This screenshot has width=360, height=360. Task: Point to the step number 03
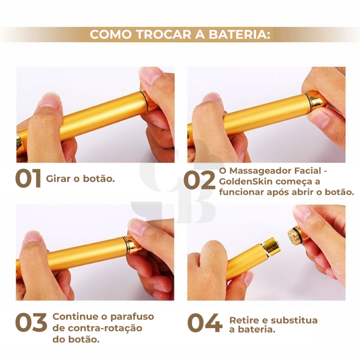pos(31,323)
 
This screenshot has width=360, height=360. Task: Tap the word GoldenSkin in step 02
pos(245,181)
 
